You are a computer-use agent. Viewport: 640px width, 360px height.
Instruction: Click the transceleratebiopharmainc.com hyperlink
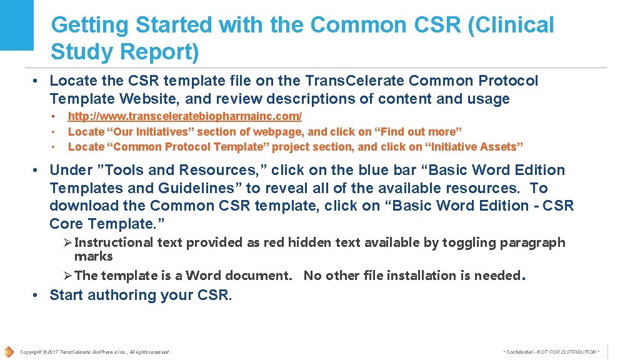pyautogui.click(x=185, y=116)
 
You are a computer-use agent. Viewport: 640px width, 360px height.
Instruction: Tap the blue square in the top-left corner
pyautogui.click(x=17, y=24)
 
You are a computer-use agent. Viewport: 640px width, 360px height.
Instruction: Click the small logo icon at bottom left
pyautogui.click(x=8, y=351)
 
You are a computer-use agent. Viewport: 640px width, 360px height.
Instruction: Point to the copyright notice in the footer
pyautogui.click(x=95, y=352)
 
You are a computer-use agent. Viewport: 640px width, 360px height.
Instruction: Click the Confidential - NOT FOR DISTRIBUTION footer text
pyautogui.click(x=551, y=352)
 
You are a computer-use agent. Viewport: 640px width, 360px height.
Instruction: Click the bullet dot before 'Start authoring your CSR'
pyautogui.click(x=37, y=295)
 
